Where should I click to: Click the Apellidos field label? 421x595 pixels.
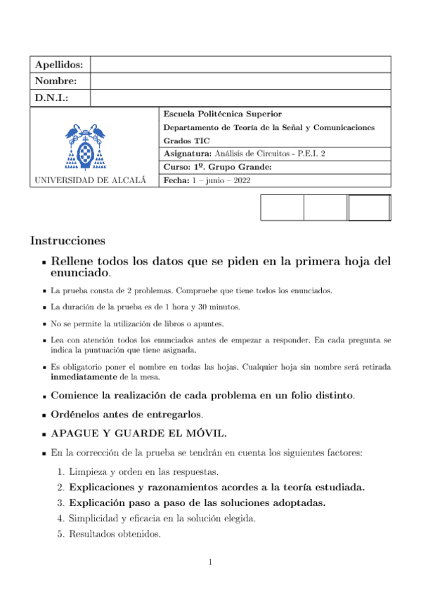pyautogui.click(x=59, y=65)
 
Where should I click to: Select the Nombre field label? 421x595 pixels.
pyautogui.click(x=56, y=81)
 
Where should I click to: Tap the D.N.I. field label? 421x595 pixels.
pyautogui.click(x=51, y=98)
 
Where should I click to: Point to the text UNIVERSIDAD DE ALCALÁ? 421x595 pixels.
pyautogui.click(x=90, y=180)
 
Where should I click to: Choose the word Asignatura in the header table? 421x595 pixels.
pyautogui.click(x=186, y=154)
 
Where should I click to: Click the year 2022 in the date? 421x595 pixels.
pyautogui.click(x=240, y=180)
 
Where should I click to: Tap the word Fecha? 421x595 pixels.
pyautogui.click(x=176, y=180)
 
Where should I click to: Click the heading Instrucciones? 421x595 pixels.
pyautogui.click(x=67, y=241)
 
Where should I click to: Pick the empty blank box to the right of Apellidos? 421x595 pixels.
pyautogui.click(x=240, y=65)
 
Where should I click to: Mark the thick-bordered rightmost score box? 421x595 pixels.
pyautogui.click(x=369, y=208)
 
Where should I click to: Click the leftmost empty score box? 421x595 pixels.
pyautogui.click(x=282, y=208)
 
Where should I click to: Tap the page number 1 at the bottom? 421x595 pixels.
pyautogui.click(x=211, y=561)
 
